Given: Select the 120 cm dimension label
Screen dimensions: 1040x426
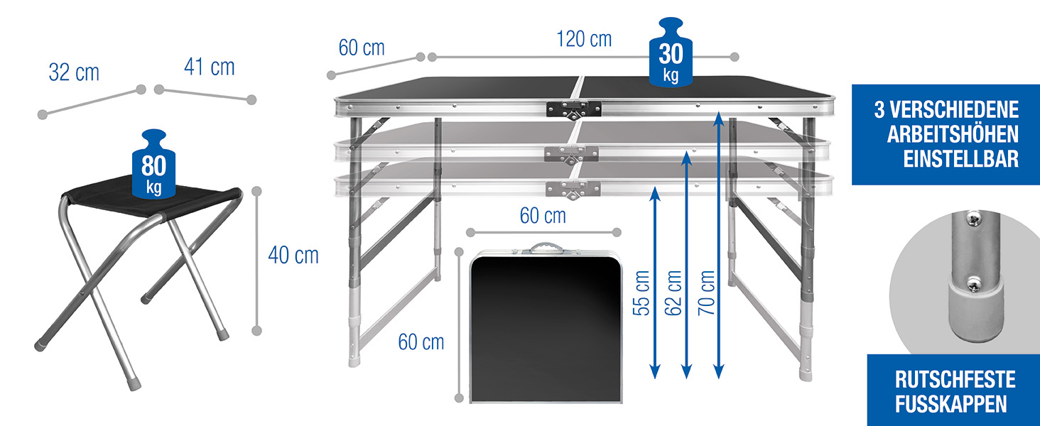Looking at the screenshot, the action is [584, 39].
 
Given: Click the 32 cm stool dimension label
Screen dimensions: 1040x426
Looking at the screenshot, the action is [74, 72].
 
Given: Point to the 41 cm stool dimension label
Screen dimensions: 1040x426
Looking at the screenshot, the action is [210, 67].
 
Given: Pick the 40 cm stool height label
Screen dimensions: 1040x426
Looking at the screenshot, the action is [293, 255].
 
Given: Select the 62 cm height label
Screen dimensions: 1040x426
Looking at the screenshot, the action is [673, 293].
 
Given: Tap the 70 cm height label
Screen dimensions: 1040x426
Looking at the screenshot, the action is [706, 293].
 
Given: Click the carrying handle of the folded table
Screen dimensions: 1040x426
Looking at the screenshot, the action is [546, 247].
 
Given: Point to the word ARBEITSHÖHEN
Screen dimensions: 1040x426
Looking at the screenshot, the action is [953, 135].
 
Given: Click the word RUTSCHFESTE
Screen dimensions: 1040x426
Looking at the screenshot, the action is [955, 380].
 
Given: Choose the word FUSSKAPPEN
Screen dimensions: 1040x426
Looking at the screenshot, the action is [951, 404].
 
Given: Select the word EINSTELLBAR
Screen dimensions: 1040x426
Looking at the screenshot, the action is [960, 159].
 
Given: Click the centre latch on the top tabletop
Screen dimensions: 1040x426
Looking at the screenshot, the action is [574, 110].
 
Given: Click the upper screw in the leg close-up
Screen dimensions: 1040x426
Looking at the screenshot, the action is [974, 218].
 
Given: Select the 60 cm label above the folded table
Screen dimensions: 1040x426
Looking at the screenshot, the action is [543, 216].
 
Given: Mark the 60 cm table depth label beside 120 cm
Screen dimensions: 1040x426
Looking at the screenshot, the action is [362, 48].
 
